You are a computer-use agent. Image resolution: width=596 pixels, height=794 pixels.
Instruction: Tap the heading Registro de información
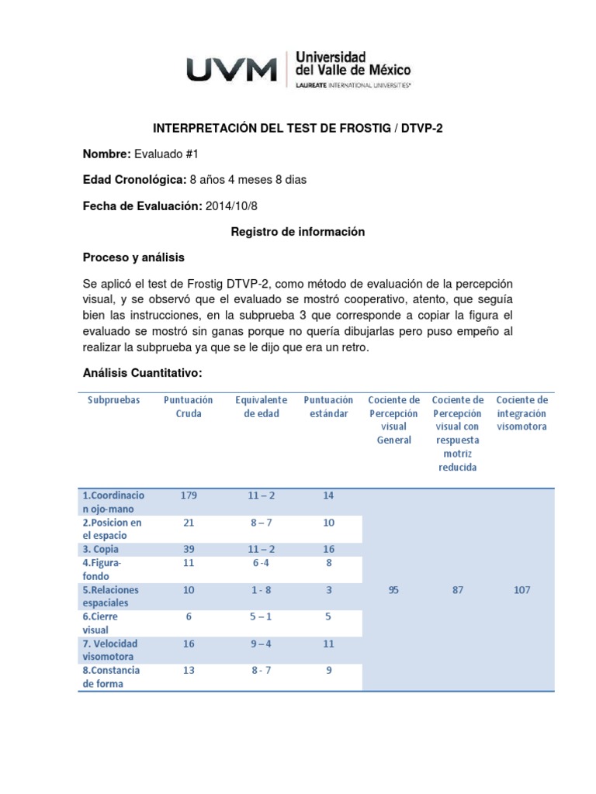coord(298,232)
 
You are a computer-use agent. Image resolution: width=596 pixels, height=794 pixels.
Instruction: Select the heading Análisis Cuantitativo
coord(142,373)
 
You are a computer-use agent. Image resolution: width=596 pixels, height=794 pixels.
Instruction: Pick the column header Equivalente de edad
coord(261,407)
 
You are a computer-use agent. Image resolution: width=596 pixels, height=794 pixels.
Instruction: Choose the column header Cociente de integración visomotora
coord(521,413)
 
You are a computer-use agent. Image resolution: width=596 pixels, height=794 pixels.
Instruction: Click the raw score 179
coord(189,495)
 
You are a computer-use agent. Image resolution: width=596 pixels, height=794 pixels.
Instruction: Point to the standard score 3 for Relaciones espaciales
coord(328,590)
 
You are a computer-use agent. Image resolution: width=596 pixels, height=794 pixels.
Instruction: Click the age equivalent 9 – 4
coord(262,644)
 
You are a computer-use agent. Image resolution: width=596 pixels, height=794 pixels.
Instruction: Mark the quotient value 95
coord(393,590)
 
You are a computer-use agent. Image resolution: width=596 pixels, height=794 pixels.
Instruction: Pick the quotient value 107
coord(521,590)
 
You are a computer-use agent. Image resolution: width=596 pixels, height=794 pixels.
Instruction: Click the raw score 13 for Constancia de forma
coord(189,671)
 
